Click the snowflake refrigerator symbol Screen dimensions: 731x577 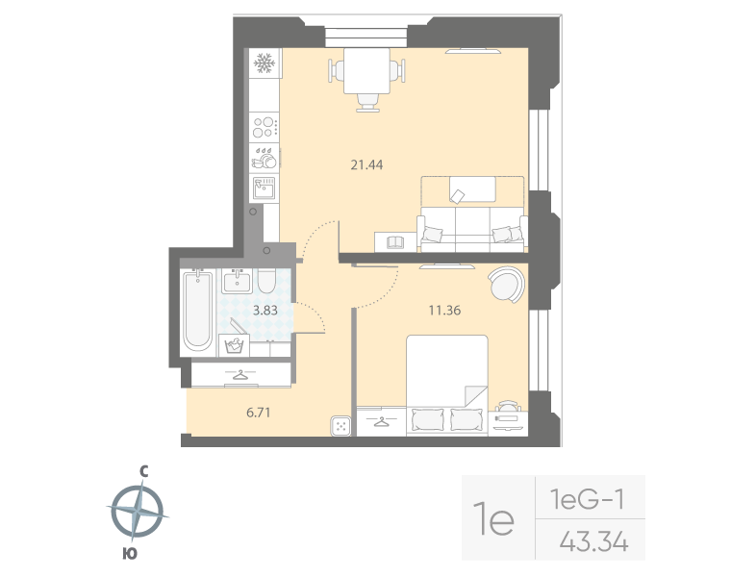click(264, 63)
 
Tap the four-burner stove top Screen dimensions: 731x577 click(264, 127)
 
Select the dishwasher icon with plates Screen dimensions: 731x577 click(264, 158)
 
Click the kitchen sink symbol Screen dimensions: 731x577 click(264, 188)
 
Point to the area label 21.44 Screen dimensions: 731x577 click(366, 164)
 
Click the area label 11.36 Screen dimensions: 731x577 click(444, 310)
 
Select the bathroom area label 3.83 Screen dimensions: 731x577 click(265, 310)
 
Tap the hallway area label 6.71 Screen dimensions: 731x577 click(259, 413)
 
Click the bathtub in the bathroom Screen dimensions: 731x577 click(198, 311)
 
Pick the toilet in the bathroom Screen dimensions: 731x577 click(266, 281)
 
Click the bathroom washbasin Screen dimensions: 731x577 click(237, 281)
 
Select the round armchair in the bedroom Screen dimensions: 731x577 click(506, 285)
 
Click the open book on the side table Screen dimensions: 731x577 click(395, 242)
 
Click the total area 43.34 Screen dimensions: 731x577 click(594, 542)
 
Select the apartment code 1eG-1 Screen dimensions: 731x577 click(587, 500)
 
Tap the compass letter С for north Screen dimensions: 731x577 click(144, 472)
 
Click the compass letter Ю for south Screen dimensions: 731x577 click(130, 554)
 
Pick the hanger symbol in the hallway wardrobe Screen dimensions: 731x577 click(240, 374)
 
